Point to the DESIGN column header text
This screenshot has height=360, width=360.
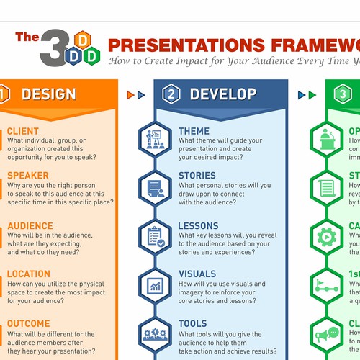coord(48,94)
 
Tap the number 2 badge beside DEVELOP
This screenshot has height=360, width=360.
coord(171,94)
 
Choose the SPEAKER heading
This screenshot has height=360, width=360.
coord(28,175)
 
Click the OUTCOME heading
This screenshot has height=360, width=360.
coord(29,323)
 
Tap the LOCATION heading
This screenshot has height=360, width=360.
coord(29,274)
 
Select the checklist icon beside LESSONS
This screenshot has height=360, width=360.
coord(155,235)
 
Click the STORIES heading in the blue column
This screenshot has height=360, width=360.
coord(197,175)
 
